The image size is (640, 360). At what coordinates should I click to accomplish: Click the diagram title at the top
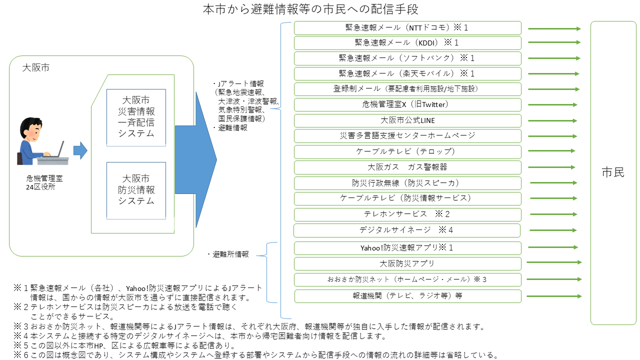310,9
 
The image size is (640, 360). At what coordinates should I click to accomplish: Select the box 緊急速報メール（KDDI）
407,43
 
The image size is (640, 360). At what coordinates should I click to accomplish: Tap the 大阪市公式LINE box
407,120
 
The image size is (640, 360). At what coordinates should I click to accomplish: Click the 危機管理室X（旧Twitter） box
407,105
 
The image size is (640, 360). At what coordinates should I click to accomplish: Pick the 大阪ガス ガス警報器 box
407,167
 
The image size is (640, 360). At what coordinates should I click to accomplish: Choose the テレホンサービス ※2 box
407,214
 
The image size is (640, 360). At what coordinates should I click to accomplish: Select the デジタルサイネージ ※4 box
407,230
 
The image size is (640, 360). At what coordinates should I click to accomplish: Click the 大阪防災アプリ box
407,263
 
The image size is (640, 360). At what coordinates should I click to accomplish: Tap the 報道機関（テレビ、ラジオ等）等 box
407,296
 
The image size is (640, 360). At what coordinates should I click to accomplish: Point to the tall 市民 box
613,173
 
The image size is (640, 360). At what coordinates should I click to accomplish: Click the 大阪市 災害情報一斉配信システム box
136,117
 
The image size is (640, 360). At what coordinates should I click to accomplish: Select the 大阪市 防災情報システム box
136,190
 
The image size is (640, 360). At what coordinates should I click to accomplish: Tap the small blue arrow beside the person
80,150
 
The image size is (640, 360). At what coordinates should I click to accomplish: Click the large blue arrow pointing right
196,159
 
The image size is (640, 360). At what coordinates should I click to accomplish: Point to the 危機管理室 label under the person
44,178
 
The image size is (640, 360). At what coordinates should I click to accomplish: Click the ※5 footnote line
124,345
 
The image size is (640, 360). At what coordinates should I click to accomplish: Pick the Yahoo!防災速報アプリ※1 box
407,248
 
